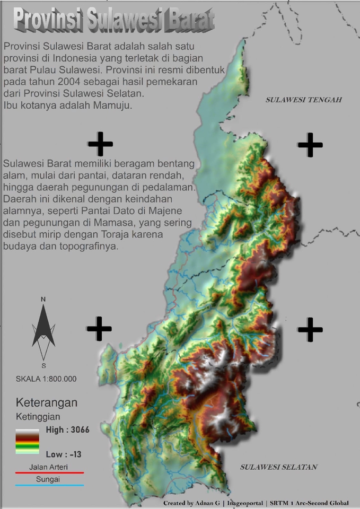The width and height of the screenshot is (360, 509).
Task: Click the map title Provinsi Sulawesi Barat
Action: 113,20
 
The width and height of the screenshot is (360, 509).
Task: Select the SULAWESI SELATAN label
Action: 278,467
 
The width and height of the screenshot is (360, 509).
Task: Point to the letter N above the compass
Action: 43,300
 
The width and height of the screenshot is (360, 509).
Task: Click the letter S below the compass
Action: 43,365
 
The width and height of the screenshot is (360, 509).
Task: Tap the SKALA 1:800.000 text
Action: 46,379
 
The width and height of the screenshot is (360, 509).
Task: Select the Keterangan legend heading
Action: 47,402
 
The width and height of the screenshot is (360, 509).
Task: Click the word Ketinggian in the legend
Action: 38,417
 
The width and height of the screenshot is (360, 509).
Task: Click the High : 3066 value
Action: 67,430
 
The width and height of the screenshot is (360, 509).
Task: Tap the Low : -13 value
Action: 63,454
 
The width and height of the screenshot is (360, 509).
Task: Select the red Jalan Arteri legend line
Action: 49,471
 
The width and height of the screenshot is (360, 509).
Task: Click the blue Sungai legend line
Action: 49,485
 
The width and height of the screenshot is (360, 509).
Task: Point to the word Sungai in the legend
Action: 48,479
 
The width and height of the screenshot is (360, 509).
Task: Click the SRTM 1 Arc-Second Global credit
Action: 310,503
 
